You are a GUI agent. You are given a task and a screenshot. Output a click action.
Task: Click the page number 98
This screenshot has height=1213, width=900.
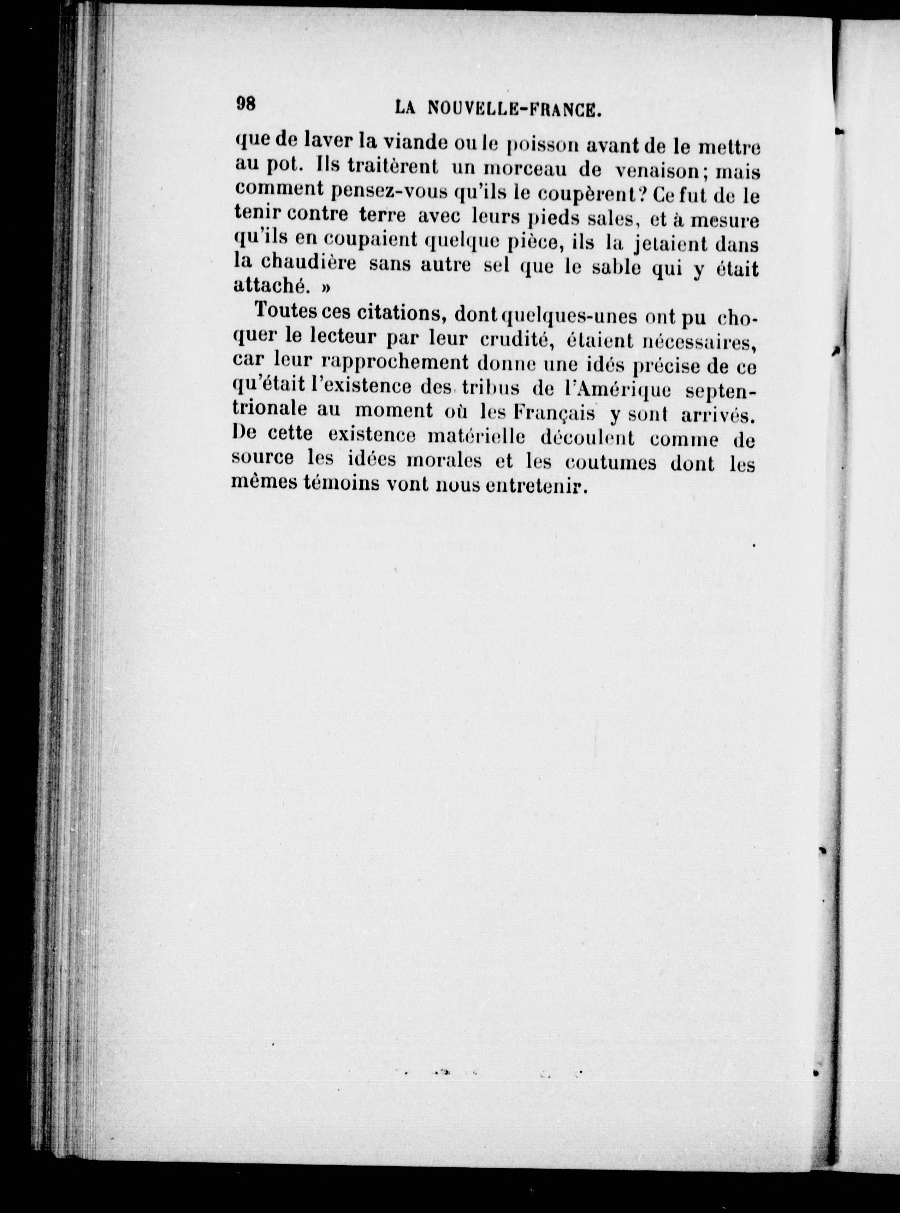tap(246, 104)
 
